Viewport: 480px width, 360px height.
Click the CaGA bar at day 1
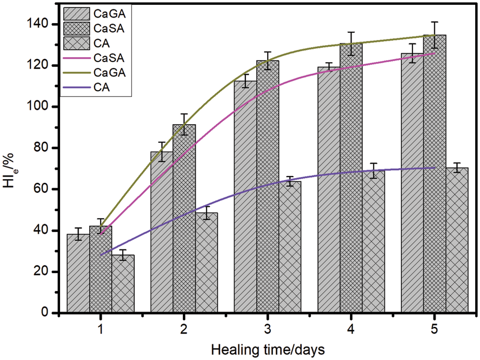coord(78,274)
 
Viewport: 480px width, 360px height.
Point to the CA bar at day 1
coord(123,284)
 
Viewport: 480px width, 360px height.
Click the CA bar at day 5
coord(457,240)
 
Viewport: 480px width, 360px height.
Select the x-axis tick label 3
coord(267,330)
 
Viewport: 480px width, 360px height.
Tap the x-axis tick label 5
coord(434,330)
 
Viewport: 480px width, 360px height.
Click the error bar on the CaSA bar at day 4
coord(351,44)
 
